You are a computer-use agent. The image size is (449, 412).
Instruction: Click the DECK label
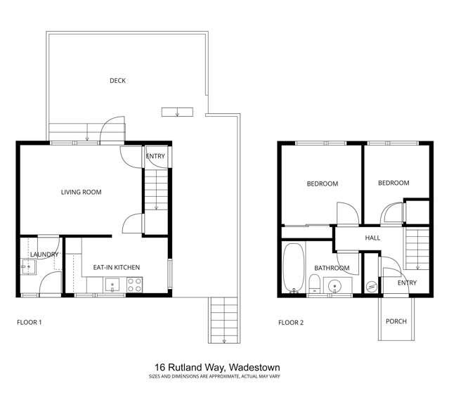pos(117,81)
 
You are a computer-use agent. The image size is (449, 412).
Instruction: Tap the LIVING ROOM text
pos(82,192)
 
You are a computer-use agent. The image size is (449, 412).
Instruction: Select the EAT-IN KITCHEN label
pos(117,267)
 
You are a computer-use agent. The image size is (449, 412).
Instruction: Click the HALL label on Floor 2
pos(372,238)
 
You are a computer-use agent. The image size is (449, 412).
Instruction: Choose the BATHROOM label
pos(332,268)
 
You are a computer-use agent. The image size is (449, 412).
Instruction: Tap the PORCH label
pos(396,321)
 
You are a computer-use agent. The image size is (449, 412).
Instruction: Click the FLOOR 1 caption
pos(30,323)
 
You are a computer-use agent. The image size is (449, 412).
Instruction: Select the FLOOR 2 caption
pos(291,323)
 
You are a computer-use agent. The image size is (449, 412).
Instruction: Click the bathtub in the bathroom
pos(293,267)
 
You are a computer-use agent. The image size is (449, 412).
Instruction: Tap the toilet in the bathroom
pos(315,283)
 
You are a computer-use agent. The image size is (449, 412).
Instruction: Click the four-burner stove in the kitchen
pos(134,285)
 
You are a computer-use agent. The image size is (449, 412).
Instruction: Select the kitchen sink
pos(111,285)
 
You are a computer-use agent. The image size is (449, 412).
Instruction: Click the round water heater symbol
pos(371,286)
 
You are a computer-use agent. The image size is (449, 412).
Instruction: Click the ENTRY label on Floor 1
pos(155,156)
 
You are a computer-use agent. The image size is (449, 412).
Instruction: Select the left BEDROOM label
pos(322,184)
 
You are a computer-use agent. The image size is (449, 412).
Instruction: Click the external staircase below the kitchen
pos(222,319)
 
